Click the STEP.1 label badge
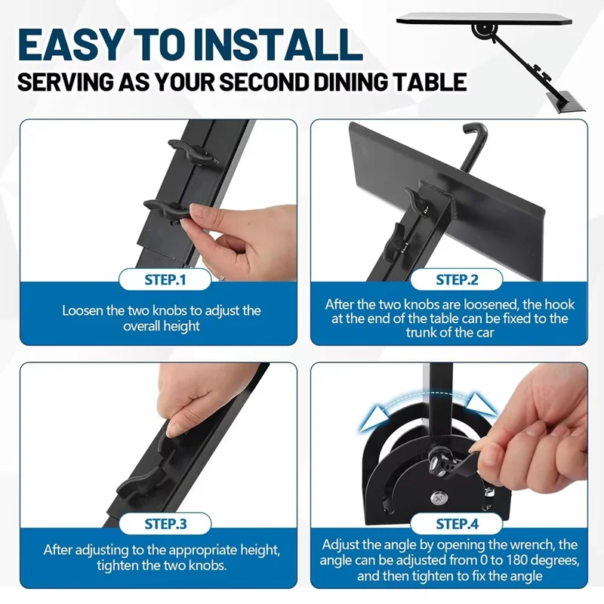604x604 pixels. pos(165,279)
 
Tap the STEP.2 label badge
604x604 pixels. pos(457,279)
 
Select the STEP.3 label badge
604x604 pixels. pos(165,523)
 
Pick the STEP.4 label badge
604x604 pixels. pos(457,523)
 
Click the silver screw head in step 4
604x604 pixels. pos(439,498)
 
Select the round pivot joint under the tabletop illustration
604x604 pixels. pos(481,30)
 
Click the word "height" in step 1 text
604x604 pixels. pos(180,326)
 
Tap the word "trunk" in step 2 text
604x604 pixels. pos(421,332)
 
